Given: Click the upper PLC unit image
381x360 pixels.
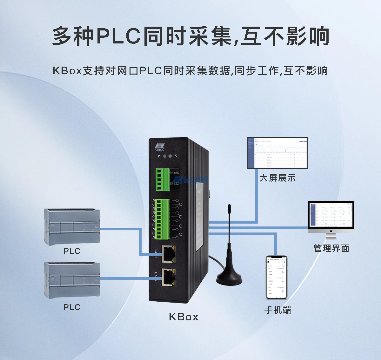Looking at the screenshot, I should [x=72, y=226].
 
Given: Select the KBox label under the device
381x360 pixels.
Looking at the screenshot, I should [x=184, y=317].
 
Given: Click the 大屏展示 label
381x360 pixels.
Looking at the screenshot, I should [x=277, y=178].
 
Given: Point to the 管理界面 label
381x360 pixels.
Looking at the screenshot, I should [x=331, y=248].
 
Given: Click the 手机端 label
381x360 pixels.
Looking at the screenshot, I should [x=277, y=310].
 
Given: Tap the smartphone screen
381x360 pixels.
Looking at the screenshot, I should [x=276, y=278].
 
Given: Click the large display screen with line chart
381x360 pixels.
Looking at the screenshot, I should [x=277, y=153].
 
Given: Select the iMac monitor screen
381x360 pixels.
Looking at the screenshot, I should [x=331, y=215].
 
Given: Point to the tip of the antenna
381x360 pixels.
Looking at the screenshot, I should [x=229, y=206].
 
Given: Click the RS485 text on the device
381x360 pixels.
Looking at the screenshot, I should [x=174, y=173].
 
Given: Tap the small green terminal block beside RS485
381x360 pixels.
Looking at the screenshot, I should [x=163, y=179].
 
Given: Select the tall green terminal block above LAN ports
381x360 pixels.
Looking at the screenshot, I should [x=163, y=219].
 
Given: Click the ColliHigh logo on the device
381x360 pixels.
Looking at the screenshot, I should [x=159, y=147].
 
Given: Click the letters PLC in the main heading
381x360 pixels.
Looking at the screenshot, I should [x=118, y=36].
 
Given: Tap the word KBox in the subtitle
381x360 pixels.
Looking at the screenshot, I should [x=67, y=70].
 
